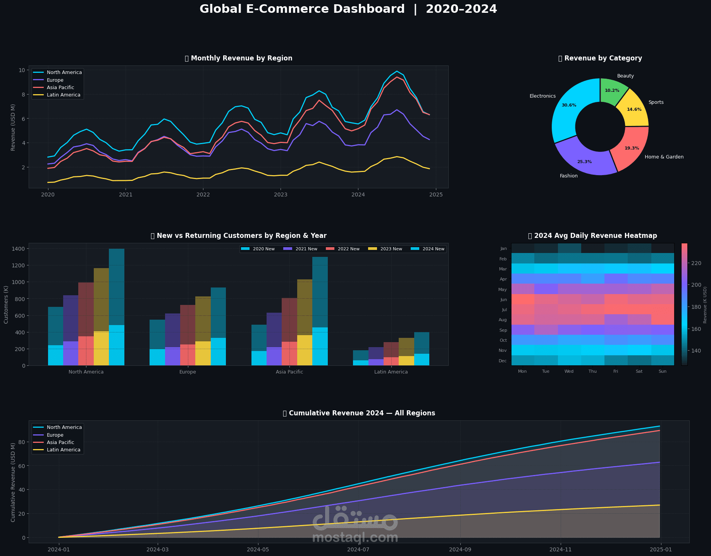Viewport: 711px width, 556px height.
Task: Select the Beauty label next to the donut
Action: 625,76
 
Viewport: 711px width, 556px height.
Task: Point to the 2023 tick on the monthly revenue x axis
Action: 281,194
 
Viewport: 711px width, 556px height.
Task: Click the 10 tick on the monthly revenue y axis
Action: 22,70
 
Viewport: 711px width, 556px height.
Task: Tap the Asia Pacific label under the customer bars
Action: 289,372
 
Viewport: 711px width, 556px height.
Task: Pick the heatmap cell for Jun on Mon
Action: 522,300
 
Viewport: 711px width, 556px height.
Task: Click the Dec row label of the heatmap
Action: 503,361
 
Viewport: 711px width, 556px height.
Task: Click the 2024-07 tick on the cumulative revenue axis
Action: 359,549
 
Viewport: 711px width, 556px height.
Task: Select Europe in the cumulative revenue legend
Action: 55,435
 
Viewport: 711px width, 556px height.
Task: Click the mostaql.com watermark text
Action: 355,538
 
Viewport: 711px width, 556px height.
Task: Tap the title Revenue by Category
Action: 603,58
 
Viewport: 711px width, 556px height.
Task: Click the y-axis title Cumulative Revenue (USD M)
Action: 13,482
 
